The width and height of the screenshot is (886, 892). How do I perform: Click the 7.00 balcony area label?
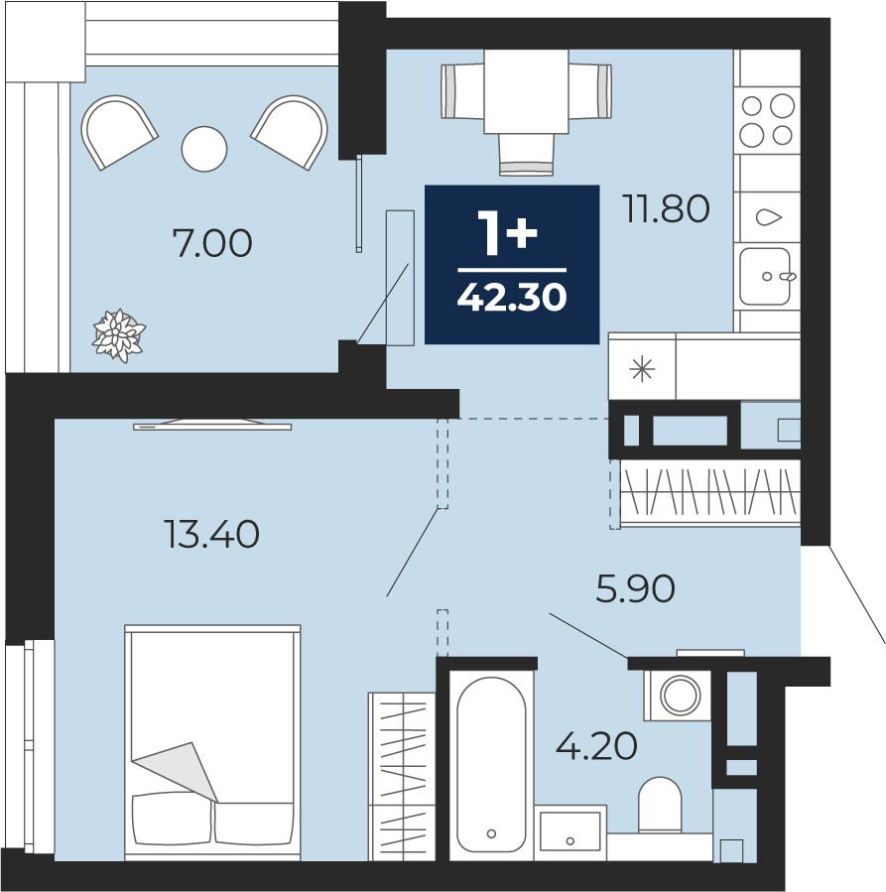(x=212, y=243)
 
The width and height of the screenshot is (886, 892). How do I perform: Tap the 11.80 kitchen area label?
(x=666, y=208)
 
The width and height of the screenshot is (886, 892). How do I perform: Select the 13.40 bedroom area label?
(x=211, y=535)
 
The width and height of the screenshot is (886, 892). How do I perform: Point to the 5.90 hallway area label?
(x=635, y=588)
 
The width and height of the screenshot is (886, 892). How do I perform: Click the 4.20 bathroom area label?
(x=596, y=746)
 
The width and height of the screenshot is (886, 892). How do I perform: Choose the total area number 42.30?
(x=512, y=297)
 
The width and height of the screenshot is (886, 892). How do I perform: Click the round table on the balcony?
(x=204, y=149)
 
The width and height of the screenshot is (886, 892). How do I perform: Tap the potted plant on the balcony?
(x=119, y=335)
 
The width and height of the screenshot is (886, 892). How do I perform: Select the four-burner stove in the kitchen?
(x=767, y=120)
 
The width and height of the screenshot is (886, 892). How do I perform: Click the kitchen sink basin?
(x=766, y=277)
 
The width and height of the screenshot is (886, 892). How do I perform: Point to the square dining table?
(x=526, y=91)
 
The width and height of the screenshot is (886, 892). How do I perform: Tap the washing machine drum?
(x=680, y=696)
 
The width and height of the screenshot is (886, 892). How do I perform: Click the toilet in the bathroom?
(x=660, y=805)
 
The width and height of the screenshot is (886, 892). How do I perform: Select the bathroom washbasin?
(x=570, y=831)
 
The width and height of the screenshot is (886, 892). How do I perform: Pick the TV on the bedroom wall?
(x=212, y=425)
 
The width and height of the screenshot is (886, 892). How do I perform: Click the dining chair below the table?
(x=526, y=155)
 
